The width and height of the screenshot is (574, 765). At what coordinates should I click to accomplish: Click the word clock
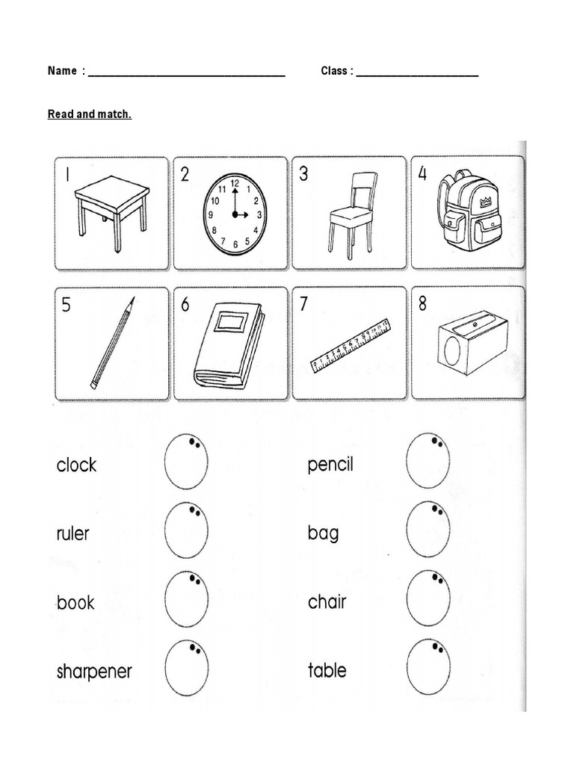pyautogui.click(x=76, y=465)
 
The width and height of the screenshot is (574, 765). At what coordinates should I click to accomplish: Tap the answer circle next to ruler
pyautogui.click(x=186, y=530)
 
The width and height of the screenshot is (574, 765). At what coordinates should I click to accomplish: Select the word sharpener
pyautogui.click(x=94, y=671)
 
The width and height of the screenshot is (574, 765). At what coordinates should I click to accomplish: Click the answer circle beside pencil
pyautogui.click(x=428, y=461)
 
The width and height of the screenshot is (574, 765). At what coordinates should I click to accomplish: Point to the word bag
pyautogui.click(x=323, y=533)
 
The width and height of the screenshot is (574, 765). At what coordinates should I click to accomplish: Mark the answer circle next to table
pyautogui.click(x=428, y=667)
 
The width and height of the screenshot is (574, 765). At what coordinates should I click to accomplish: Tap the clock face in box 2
pyautogui.click(x=234, y=214)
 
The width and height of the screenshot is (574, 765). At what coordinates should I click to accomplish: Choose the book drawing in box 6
pyautogui.click(x=229, y=345)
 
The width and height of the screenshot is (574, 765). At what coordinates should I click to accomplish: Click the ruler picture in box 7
pyautogui.click(x=351, y=345)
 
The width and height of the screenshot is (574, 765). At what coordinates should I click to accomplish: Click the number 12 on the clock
pyautogui.click(x=235, y=183)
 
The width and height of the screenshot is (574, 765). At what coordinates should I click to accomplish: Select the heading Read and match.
pyautogui.click(x=90, y=114)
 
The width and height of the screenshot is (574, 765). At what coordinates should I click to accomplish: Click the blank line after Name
pyautogui.click(x=187, y=72)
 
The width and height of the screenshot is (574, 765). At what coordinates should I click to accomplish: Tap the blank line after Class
pyautogui.click(x=417, y=72)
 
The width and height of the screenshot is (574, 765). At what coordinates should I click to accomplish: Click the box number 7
pyautogui.click(x=304, y=305)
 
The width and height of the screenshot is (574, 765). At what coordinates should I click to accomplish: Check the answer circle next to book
pyautogui.click(x=186, y=599)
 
